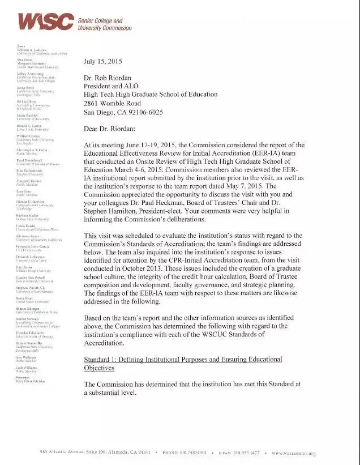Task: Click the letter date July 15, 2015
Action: [x=102, y=61]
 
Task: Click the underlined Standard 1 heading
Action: [x=182, y=364]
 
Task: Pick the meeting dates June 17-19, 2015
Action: [x=158, y=144]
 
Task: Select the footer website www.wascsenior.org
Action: [x=293, y=453]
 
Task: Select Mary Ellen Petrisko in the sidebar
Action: [x=31, y=382]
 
